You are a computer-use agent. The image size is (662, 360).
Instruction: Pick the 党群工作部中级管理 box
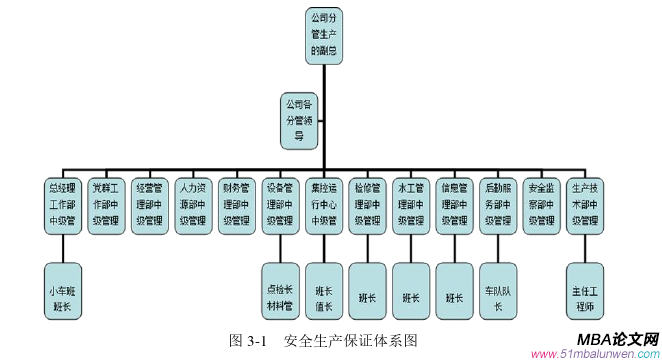(x=106, y=204)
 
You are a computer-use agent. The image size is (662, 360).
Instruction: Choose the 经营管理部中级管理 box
(x=150, y=204)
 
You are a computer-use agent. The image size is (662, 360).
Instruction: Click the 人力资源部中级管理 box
(x=193, y=204)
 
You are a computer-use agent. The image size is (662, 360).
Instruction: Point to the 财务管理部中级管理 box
(x=237, y=204)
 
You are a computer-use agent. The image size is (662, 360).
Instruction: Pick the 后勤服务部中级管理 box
(x=498, y=204)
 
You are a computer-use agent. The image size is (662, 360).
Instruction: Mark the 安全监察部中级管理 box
(x=542, y=204)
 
